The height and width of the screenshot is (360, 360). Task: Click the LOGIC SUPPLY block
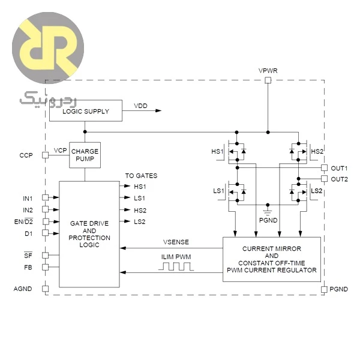click(86, 110)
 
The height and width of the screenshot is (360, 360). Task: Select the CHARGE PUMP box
click(85, 155)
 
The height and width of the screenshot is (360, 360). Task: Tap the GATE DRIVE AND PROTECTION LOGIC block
click(89, 234)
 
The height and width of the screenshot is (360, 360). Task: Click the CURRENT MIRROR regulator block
click(272, 259)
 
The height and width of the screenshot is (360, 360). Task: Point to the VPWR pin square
click(268, 80)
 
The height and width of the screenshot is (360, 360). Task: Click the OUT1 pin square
click(324, 168)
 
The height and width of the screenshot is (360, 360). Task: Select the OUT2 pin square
click(324, 179)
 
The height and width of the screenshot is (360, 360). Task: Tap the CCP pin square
click(45, 155)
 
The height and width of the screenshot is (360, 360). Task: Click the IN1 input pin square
click(45, 197)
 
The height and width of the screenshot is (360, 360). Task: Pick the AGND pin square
click(45, 289)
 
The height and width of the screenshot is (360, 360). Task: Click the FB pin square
click(45, 267)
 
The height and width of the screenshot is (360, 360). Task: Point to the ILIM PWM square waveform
click(176, 266)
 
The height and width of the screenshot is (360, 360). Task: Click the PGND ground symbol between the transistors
click(268, 210)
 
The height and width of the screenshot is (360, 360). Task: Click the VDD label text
click(140, 106)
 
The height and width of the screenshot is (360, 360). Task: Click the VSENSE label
click(176, 242)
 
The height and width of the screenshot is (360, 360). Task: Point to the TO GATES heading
click(141, 176)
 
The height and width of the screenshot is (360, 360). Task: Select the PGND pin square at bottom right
click(324, 289)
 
